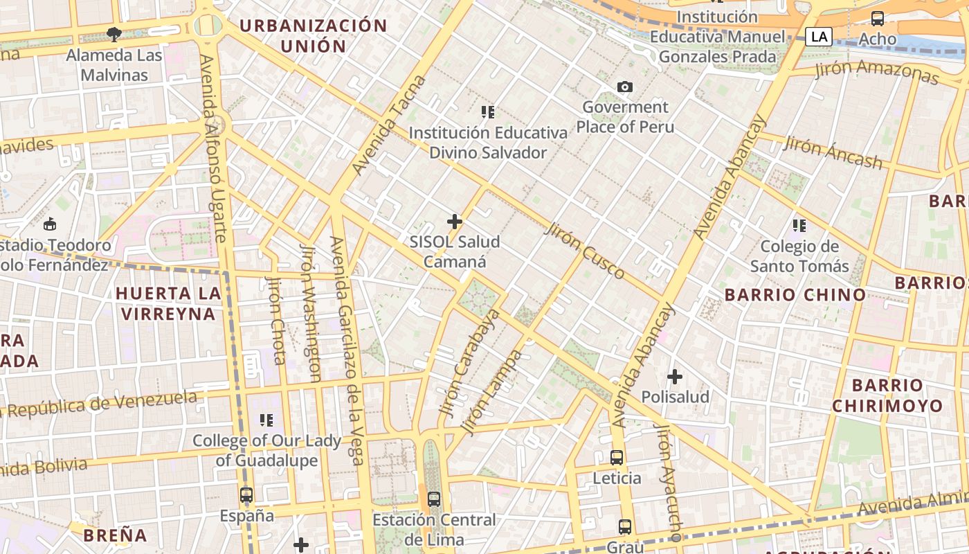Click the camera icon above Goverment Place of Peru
click(625, 87)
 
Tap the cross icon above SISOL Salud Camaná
click(455, 222)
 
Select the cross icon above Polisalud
click(675, 377)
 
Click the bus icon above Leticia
click(617, 458)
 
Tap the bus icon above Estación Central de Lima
click(434, 499)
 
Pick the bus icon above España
click(246, 495)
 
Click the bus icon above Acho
click(878, 19)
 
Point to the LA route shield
click(819, 36)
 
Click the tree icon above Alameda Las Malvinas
click(114, 34)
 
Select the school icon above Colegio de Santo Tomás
click(799, 226)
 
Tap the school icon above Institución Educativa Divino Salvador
click(488, 111)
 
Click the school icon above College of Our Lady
click(266, 420)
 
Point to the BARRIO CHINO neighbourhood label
click(795, 295)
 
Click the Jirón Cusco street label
click(585, 251)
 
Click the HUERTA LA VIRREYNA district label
click(169, 303)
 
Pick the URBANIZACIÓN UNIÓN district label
click(313, 36)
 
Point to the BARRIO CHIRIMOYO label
click(887, 395)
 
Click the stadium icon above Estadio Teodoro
click(50, 224)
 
